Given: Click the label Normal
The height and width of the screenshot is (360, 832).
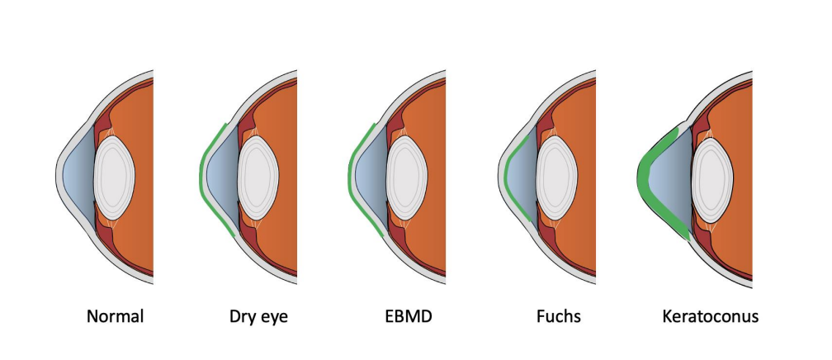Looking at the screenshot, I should coord(115,316).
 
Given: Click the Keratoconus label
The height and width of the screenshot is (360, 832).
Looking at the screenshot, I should coord(709,316).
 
